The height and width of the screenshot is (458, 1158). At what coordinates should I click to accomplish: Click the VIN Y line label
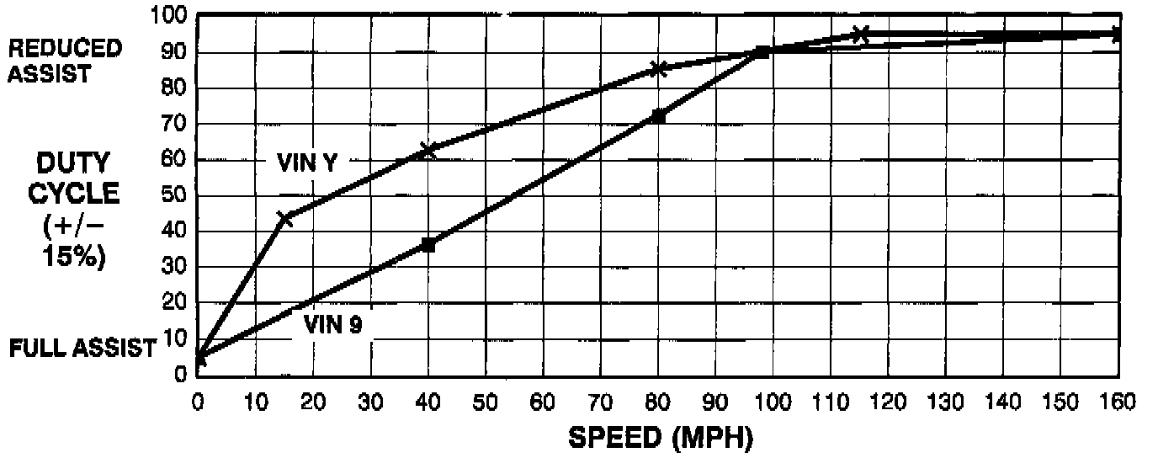[x=307, y=164]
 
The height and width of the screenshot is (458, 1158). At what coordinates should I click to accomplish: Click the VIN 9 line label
[x=332, y=325]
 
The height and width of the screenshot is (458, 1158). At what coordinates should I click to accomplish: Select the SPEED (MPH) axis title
[x=661, y=438]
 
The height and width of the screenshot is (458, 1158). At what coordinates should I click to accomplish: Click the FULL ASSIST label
[x=82, y=347]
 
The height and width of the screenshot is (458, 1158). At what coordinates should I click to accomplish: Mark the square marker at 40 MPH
[x=428, y=245]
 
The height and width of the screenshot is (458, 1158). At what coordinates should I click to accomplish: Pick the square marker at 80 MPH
[x=658, y=116]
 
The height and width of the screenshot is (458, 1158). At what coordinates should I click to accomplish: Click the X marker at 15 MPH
[x=284, y=219]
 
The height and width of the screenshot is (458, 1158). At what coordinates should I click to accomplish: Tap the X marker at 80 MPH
[x=658, y=69]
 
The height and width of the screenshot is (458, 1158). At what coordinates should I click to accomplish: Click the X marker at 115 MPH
[x=859, y=35]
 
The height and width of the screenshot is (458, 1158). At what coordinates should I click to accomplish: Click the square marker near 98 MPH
[x=761, y=51]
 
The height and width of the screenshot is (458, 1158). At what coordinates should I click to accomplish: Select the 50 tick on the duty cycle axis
[x=175, y=195]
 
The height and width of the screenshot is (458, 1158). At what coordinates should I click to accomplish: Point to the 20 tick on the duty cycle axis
[x=175, y=303]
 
